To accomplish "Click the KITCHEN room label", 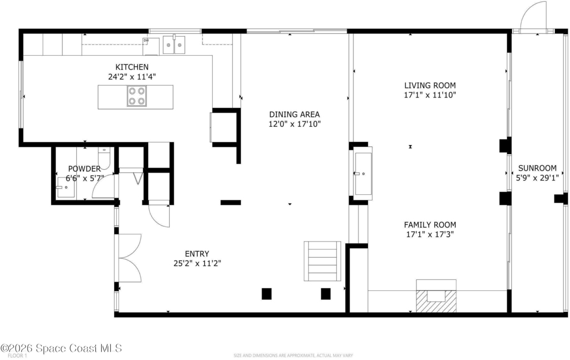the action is (x=132, y=67).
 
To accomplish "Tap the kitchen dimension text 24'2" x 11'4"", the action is (x=132, y=77).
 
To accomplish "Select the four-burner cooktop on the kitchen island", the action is (x=137, y=96).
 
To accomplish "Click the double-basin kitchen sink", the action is (x=174, y=45).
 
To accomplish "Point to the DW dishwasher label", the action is (x=146, y=40).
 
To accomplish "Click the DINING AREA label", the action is (x=294, y=115).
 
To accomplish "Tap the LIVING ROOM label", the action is (x=430, y=85).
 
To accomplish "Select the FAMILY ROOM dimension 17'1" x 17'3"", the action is (x=430, y=234).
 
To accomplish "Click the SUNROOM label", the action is (x=537, y=168).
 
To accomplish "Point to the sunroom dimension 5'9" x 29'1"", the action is (x=537, y=177).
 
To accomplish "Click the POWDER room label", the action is (x=85, y=169).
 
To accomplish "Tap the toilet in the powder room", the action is (x=104, y=158).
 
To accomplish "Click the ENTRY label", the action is (x=197, y=254).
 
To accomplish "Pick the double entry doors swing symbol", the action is (x=130, y=258).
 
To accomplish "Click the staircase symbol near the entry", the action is (x=322, y=261).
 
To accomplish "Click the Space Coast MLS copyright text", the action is (x=61, y=348).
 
